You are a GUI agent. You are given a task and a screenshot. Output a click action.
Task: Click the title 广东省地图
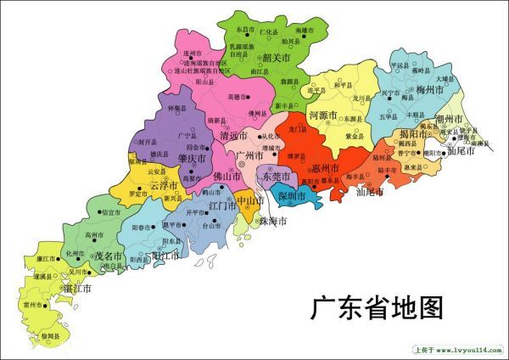click(377, 307)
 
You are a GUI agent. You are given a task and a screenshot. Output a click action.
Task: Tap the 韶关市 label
click(279, 59)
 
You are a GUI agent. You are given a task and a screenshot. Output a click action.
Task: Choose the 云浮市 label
click(164, 185)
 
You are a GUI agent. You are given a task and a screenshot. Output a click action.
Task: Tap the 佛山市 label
click(227, 177)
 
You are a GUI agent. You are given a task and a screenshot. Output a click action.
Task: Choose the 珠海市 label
click(272, 222)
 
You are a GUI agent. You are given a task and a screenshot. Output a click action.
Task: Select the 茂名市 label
click(108, 256)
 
